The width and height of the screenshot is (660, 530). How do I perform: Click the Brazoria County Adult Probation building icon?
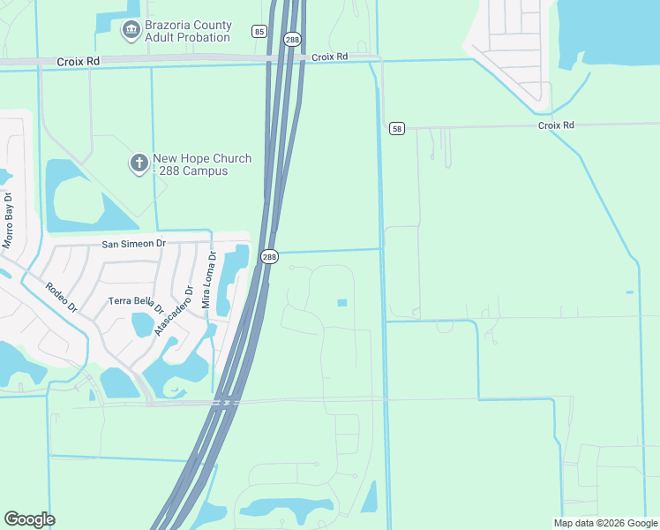(131, 31)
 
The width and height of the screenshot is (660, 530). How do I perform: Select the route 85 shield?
(259, 32)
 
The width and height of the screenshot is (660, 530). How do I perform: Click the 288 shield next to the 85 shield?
(291, 38)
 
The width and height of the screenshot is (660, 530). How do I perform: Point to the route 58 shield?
(397, 128)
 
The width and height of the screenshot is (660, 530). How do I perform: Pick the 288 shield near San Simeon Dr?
(269, 256)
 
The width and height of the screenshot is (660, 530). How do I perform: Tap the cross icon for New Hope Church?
(139, 163)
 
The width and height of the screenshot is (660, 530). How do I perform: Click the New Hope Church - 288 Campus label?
(201, 164)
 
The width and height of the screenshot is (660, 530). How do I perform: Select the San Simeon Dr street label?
(134, 243)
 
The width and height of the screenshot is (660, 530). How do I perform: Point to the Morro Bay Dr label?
(8, 219)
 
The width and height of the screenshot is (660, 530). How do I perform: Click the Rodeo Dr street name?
(62, 297)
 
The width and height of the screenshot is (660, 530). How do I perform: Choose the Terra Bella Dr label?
(137, 305)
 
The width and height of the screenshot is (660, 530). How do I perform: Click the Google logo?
(29, 519)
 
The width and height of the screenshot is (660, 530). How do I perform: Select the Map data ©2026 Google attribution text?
(605, 523)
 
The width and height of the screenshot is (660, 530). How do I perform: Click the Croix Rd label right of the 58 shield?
(556, 125)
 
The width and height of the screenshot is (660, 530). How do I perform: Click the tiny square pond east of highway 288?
(341, 303)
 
